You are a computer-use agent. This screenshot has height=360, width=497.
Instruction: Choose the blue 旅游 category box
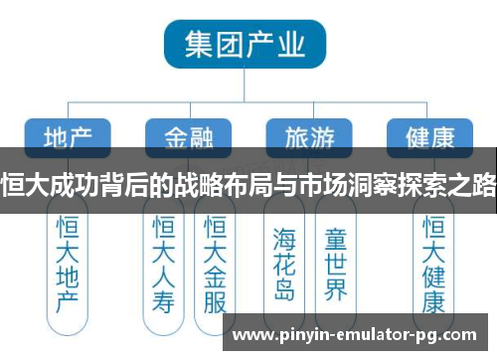(x=310, y=135)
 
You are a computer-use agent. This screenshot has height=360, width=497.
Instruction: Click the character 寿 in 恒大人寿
(x=163, y=299)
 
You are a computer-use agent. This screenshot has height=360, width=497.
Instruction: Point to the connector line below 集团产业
(x=246, y=87)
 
